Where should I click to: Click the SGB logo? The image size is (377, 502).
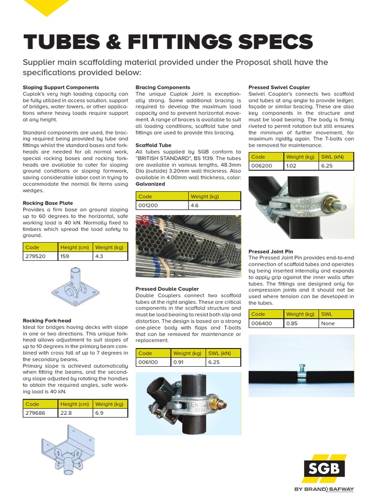[x=323, y=468]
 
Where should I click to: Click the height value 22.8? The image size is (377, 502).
[x=67, y=413]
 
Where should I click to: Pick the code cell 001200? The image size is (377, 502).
[x=148, y=205]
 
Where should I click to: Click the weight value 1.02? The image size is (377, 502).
[x=292, y=166]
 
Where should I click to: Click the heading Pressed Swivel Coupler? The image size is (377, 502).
[x=279, y=87]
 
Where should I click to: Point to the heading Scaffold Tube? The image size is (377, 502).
[x=153, y=145]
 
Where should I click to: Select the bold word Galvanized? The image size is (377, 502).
[x=150, y=184]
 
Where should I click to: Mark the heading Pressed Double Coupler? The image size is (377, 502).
[x=167, y=289]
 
